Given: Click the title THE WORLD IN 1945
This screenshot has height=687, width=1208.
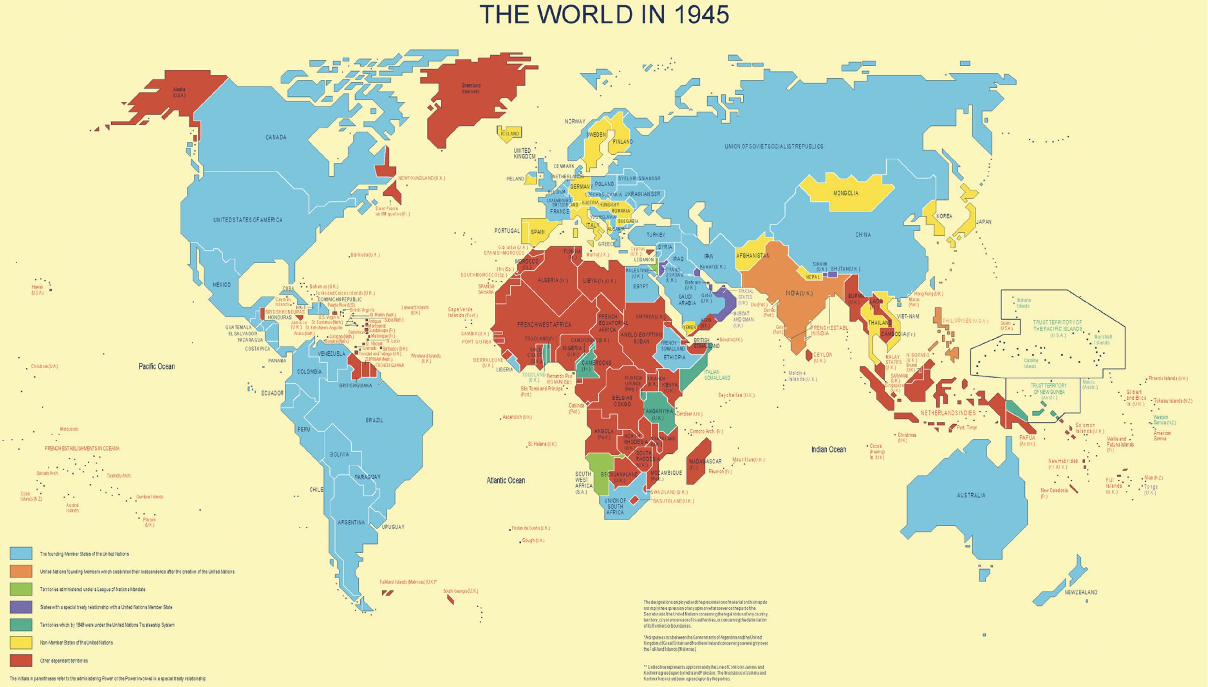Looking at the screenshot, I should (x=604, y=15).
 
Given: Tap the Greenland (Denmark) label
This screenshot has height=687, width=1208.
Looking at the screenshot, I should (x=471, y=88).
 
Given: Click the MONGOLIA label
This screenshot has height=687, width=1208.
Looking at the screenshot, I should (x=846, y=193).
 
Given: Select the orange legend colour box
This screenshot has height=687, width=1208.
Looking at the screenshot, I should (x=21, y=571).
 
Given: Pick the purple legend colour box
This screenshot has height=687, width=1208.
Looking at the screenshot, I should (x=21, y=607).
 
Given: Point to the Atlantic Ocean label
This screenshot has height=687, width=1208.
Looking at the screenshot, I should (x=505, y=480).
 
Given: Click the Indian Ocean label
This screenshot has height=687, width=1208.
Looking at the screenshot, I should (x=828, y=450).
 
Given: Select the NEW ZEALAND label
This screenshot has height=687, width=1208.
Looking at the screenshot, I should (x=1081, y=592).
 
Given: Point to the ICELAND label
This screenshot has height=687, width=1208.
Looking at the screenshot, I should (x=509, y=133).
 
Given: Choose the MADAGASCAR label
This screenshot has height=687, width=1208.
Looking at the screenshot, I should (x=705, y=461).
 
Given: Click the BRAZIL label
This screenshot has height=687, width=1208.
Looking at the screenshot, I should (x=374, y=420).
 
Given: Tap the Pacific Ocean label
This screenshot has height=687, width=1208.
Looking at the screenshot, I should (x=157, y=367).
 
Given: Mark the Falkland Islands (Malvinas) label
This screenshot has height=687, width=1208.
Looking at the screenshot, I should (x=408, y=582).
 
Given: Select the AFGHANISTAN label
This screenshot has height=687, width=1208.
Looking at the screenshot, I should (x=753, y=256).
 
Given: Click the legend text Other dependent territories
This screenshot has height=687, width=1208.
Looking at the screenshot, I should (x=64, y=660).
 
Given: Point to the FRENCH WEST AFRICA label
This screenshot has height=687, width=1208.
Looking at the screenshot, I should (x=544, y=325).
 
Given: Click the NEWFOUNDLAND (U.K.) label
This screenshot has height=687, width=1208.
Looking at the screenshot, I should (x=421, y=178).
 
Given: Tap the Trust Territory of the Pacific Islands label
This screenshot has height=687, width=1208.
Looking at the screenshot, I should (x=1057, y=326).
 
